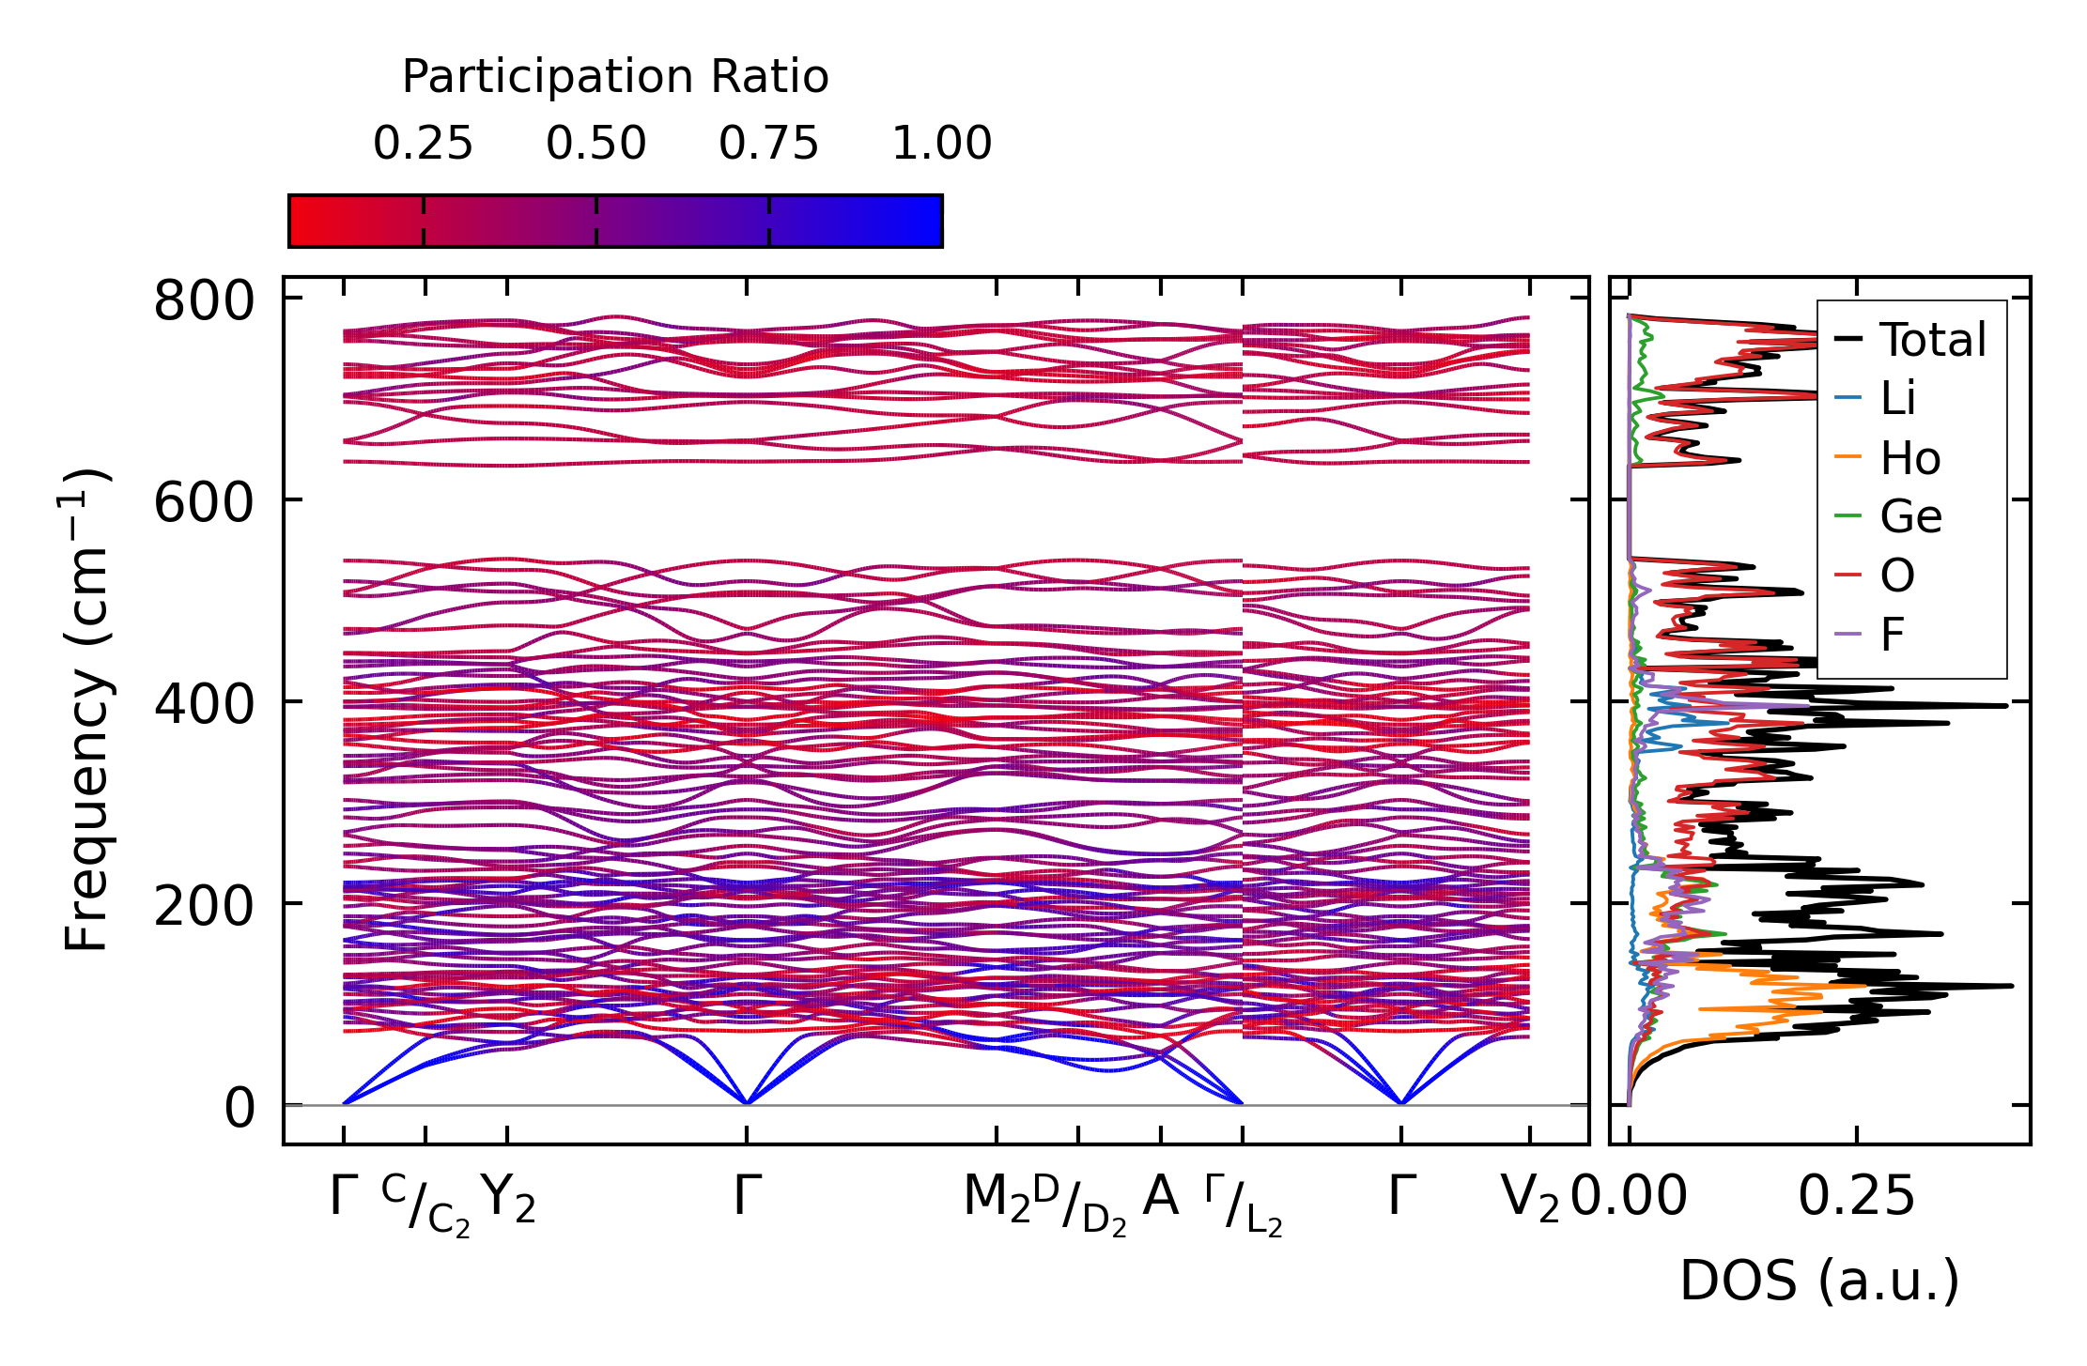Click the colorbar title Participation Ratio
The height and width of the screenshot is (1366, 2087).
pos(615,77)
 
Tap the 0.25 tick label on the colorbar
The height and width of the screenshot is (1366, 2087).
pos(423,145)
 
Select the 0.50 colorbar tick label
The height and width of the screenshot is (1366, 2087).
pos(596,145)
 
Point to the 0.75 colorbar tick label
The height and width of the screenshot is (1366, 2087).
pos(769,145)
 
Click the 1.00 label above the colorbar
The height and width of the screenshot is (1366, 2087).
pos(941,145)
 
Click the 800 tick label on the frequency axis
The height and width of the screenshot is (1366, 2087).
pos(204,302)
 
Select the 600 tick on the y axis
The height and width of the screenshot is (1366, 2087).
pos(204,503)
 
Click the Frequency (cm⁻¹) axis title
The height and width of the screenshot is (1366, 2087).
pos(86,710)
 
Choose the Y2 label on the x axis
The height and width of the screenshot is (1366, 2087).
pos(507,1199)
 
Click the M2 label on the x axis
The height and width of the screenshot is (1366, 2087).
pos(996,1199)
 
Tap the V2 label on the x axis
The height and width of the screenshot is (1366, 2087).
pos(1529,1199)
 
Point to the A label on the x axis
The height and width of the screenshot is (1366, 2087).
pos(1161,1197)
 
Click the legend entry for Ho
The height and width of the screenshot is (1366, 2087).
pos(1909,459)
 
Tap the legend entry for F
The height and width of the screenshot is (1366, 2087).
pos(1892,636)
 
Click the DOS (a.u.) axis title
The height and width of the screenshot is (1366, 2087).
pos(1819,1281)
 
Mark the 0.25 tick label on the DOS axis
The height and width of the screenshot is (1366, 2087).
pos(1856,1198)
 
